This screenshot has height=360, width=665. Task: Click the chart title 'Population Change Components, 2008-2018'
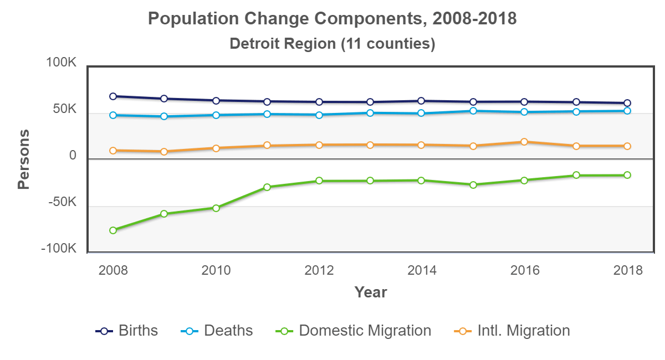pyautogui.click(x=332, y=18)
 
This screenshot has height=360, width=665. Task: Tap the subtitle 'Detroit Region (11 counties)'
pyautogui.click(x=332, y=43)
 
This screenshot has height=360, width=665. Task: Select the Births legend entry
pyautogui.click(x=127, y=331)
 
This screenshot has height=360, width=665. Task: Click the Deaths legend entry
pyautogui.click(x=218, y=331)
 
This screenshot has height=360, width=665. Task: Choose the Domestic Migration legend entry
pyautogui.click(x=354, y=331)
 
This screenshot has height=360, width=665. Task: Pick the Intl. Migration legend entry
pyautogui.click(x=512, y=331)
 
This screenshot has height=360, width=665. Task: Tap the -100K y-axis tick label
pyautogui.click(x=59, y=249)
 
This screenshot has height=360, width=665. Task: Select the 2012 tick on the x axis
pyautogui.click(x=319, y=270)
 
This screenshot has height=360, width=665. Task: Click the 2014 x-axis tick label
pyautogui.click(x=422, y=270)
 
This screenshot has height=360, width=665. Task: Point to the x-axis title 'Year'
pyautogui.click(x=371, y=292)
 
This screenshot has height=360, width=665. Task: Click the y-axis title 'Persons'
pyautogui.click(x=24, y=160)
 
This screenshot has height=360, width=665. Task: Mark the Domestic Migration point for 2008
pyautogui.click(x=113, y=230)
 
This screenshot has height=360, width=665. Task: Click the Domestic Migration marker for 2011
pyautogui.click(x=267, y=187)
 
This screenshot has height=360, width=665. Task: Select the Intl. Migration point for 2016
pyautogui.click(x=524, y=142)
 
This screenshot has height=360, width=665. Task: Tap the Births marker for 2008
pyautogui.click(x=113, y=96)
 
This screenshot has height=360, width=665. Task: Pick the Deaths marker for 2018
pyautogui.click(x=627, y=111)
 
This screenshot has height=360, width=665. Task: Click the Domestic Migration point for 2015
pyautogui.click(x=473, y=185)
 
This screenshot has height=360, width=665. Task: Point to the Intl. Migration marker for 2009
pyautogui.click(x=164, y=152)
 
